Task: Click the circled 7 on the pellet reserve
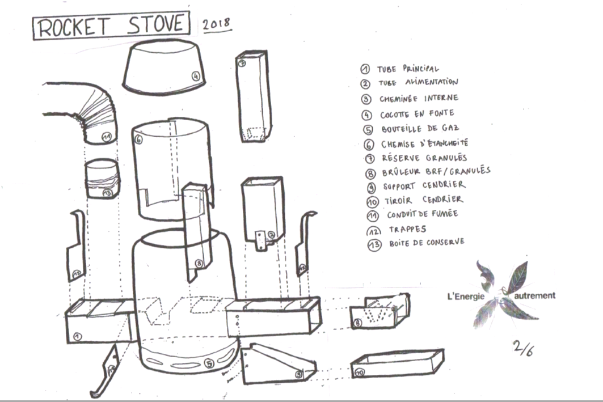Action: click(242, 64)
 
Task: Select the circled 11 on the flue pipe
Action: click(106, 137)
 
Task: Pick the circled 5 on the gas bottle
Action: click(210, 364)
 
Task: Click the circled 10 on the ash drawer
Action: click(359, 373)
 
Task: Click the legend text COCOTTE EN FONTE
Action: click(417, 113)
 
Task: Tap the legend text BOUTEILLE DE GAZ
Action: click(420, 129)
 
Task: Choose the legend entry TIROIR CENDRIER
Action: click(423, 200)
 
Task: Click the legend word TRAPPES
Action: click(407, 229)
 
